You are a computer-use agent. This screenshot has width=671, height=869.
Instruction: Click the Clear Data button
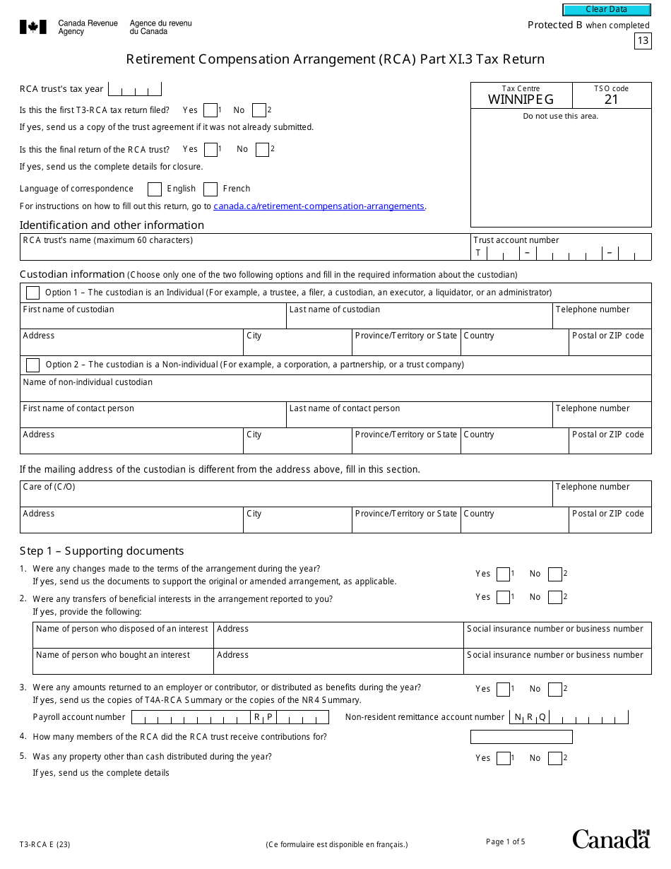coord(606,10)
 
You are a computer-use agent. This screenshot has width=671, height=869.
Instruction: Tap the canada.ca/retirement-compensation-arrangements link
coord(319,206)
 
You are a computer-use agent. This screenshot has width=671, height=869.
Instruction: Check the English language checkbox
coord(155,189)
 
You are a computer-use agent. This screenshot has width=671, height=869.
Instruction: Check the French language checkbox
coord(210,189)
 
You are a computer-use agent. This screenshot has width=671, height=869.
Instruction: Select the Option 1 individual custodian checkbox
coord(32,292)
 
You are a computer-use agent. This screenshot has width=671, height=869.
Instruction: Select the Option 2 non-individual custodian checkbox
coord(32,365)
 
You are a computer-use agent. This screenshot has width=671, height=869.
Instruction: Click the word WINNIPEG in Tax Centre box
coord(521,100)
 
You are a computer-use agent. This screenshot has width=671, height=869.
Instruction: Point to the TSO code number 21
coord(611,100)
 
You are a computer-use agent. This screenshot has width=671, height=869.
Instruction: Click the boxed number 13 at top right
coord(642,41)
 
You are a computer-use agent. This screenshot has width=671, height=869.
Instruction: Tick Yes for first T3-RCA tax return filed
coord(210,110)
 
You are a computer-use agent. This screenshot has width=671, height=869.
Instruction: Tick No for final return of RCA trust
coord(263,150)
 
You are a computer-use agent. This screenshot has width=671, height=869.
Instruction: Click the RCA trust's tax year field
coord(135,90)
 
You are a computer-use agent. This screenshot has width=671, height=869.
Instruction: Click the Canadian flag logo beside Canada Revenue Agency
coord(33,28)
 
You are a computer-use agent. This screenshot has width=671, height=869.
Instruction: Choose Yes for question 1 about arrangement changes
coord(503,574)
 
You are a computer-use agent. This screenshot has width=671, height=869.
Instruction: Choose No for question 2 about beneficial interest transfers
coord(555,598)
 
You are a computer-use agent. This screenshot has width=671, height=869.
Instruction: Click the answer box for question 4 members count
coord(521,738)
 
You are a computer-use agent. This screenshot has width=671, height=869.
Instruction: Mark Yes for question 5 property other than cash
coord(503,759)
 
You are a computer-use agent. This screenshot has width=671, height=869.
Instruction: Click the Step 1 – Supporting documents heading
coord(102,551)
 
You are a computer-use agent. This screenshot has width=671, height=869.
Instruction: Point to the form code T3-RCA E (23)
coord(44,844)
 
